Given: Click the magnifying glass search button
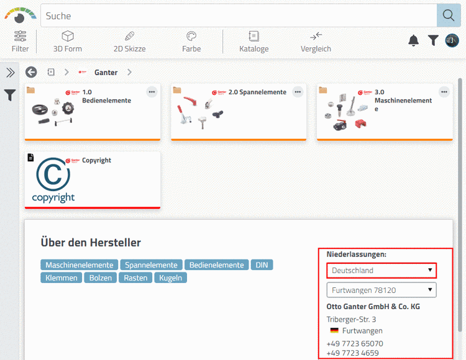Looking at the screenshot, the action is [449, 16].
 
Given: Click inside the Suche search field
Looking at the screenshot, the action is [239, 16].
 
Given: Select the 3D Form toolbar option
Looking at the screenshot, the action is [68, 42].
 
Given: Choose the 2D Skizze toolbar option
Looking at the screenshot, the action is [130, 42].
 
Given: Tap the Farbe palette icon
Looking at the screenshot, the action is [191, 36].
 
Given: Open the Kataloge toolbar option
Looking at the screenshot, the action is [254, 42].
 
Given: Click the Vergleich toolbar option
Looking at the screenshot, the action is [316, 42].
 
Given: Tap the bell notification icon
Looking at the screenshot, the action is [413, 40].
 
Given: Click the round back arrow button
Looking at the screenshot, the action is [31, 72].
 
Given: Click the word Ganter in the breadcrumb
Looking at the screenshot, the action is [106, 73].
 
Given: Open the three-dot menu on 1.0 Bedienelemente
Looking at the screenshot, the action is [152, 92].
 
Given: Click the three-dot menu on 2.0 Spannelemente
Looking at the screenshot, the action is [298, 92].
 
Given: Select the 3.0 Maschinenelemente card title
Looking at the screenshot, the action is [403, 101].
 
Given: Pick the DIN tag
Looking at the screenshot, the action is [262, 265].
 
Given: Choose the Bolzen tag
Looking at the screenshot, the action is [101, 278].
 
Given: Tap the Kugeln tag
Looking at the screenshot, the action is [171, 278].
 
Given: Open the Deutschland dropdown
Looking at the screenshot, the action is [381, 271].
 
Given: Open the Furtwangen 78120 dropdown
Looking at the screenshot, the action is [381, 290].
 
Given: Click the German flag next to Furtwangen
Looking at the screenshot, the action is [334, 330].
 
